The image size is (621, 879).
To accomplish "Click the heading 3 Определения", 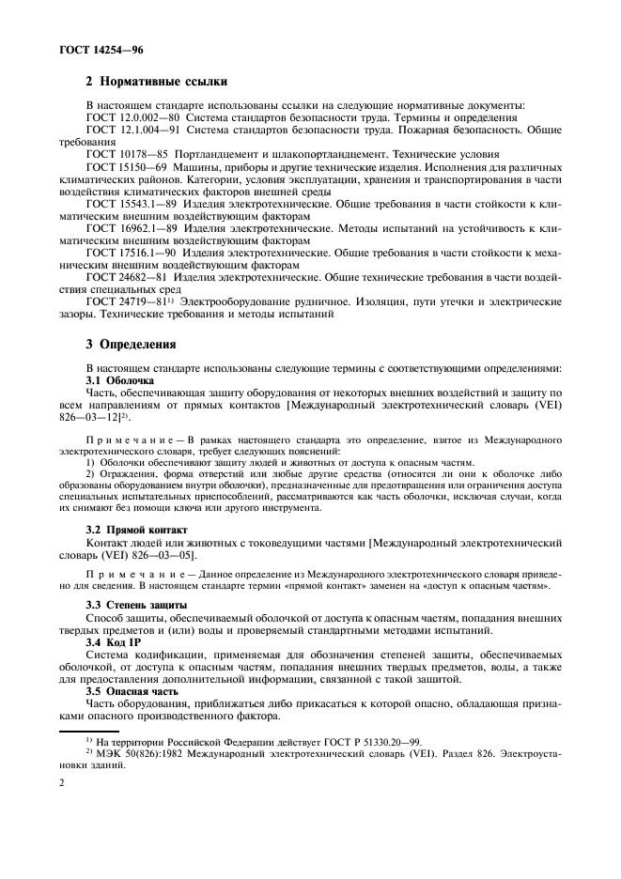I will (x=131, y=344).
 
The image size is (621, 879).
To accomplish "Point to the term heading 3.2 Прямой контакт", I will (x=137, y=529).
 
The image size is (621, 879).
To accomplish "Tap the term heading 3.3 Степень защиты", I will (x=136, y=603).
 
